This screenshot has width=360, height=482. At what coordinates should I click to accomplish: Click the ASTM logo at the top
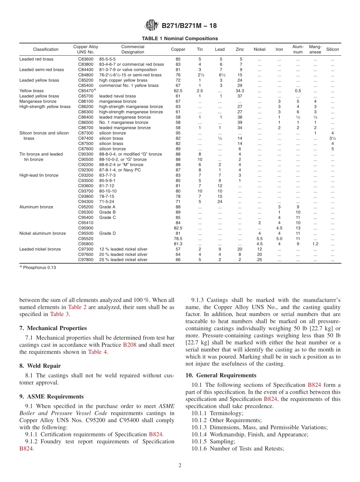[x=152, y=26]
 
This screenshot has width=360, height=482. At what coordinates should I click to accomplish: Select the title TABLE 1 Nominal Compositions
[x=180, y=39]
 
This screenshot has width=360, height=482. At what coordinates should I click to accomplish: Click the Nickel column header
[x=260, y=49]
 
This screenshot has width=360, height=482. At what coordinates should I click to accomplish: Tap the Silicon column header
[x=332, y=49]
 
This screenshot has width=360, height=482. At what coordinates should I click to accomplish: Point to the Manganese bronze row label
[x=38, y=102]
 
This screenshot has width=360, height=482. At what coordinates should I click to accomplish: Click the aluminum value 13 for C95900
[x=298, y=228]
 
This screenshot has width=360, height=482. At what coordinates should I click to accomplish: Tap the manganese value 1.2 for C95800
[x=315, y=244]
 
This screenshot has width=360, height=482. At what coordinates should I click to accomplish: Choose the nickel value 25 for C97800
[x=260, y=260]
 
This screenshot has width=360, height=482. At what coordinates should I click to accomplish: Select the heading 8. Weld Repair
[x=40, y=366]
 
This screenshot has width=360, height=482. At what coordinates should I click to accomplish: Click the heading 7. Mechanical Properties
[x=53, y=328]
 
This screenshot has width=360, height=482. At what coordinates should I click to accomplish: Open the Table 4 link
[x=97, y=352]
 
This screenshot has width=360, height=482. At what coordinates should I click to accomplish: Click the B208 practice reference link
[x=128, y=345]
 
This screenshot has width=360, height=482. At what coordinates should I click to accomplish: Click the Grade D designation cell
[x=108, y=233]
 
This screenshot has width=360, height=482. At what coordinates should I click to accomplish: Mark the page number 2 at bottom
[x=180, y=465]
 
